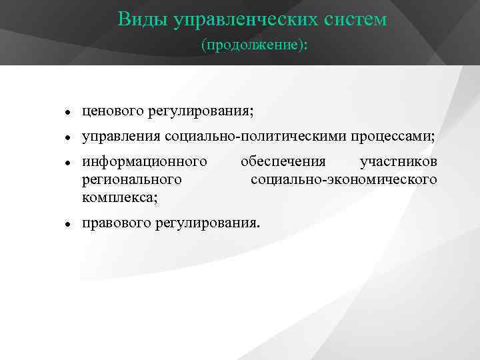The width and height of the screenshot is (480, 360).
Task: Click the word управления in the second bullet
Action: [121, 137]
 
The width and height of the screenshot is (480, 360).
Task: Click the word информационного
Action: [143, 162]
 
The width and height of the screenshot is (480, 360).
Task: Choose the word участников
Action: [398, 162]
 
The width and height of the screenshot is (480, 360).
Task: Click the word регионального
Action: [132, 179]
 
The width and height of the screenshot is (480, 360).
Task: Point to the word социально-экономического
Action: [344, 179]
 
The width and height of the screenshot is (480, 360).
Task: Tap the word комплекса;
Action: [120, 197]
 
